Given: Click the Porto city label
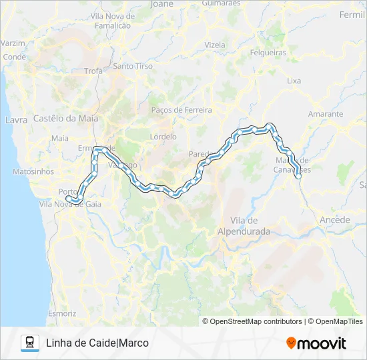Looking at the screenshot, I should (x=67, y=192).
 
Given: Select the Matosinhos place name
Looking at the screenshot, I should (x=33, y=171).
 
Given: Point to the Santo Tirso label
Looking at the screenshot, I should (x=133, y=66).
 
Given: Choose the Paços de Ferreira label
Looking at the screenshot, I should (x=181, y=110).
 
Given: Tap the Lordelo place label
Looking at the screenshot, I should (x=163, y=137).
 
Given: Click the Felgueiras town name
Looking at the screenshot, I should (x=268, y=52).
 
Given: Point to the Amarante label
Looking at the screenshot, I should (x=326, y=114).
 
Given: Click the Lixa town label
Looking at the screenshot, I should (x=294, y=81).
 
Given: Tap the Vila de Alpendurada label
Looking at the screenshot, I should (x=244, y=225).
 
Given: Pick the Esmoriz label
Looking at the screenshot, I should (x=62, y=313).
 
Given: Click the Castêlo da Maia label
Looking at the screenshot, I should (x=65, y=119).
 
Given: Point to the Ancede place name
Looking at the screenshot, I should (x=335, y=219).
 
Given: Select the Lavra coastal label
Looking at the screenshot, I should (x=16, y=121).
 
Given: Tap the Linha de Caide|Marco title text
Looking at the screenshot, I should (x=97, y=343).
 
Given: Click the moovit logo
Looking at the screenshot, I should (x=316, y=343).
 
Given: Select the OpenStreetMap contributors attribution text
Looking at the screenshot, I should (x=252, y=321).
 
